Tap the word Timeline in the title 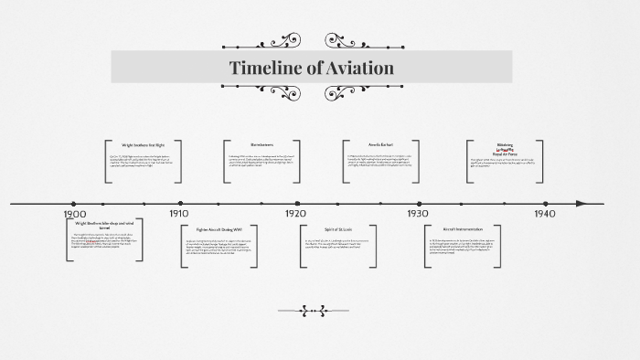tap(262, 69)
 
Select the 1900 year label tap(75, 214)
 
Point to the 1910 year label tap(179, 213)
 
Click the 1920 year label tap(295, 213)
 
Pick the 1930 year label tap(418, 213)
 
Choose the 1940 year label tap(545, 213)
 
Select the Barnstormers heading tap(262, 144)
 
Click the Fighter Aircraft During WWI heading tap(219, 229)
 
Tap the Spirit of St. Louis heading tap(338, 229)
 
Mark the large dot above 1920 tap(296, 203)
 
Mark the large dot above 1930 tap(419, 203)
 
